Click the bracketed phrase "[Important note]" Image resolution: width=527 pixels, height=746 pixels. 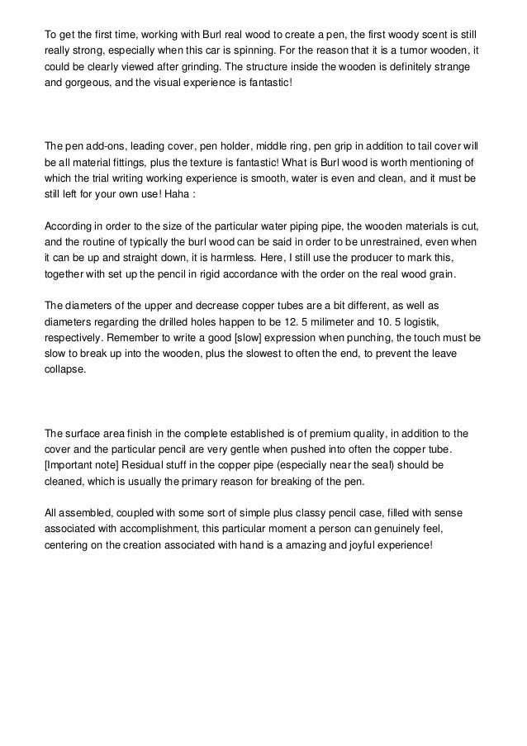tap(81, 465)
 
